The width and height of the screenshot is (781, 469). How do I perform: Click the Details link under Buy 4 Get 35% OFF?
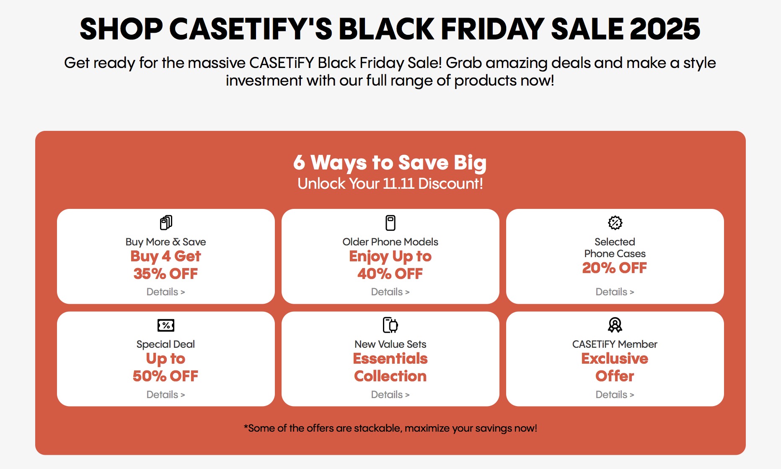tap(166, 292)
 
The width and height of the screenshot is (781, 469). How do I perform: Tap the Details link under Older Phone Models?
tap(390, 292)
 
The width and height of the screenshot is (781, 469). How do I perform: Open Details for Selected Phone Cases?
tap(615, 292)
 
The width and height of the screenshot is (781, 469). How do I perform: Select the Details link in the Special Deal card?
tap(166, 395)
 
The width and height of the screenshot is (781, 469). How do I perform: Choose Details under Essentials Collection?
tap(390, 395)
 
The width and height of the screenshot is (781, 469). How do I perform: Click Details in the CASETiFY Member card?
tap(615, 395)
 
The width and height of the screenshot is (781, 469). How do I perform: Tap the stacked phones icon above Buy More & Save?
tap(166, 222)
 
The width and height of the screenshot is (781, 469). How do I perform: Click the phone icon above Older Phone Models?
tap(390, 223)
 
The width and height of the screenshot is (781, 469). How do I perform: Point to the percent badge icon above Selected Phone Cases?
tap(615, 223)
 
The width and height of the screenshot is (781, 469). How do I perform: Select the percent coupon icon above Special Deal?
tap(166, 325)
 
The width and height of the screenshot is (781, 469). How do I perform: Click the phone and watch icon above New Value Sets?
tap(390, 325)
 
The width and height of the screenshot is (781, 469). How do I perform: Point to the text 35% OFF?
tap(166, 274)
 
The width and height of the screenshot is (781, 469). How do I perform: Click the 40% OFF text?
tap(390, 274)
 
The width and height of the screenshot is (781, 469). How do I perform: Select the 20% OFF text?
tap(615, 268)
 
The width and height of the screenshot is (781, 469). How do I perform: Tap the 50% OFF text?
tap(166, 376)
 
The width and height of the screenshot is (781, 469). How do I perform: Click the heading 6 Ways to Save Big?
tap(390, 163)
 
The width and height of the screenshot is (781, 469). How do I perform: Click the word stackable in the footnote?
tap(377, 428)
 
